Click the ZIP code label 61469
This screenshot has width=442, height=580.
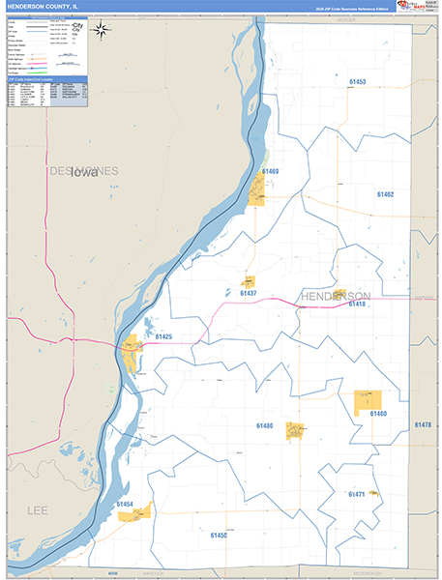click(268, 171)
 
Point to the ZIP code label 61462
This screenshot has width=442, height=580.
click(384, 194)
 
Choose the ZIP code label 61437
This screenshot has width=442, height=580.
click(248, 292)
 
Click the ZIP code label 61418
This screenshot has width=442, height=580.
click(356, 304)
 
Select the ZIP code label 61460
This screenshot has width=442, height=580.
click(377, 414)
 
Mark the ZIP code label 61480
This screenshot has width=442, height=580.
click(264, 425)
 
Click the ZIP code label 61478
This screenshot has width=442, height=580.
click(422, 425)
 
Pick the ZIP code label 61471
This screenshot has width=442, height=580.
click(356, 494)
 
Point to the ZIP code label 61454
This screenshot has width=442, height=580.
click(125, 504)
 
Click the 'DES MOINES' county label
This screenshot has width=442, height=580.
click(83, 171)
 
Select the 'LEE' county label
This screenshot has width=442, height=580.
click(37, 509)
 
